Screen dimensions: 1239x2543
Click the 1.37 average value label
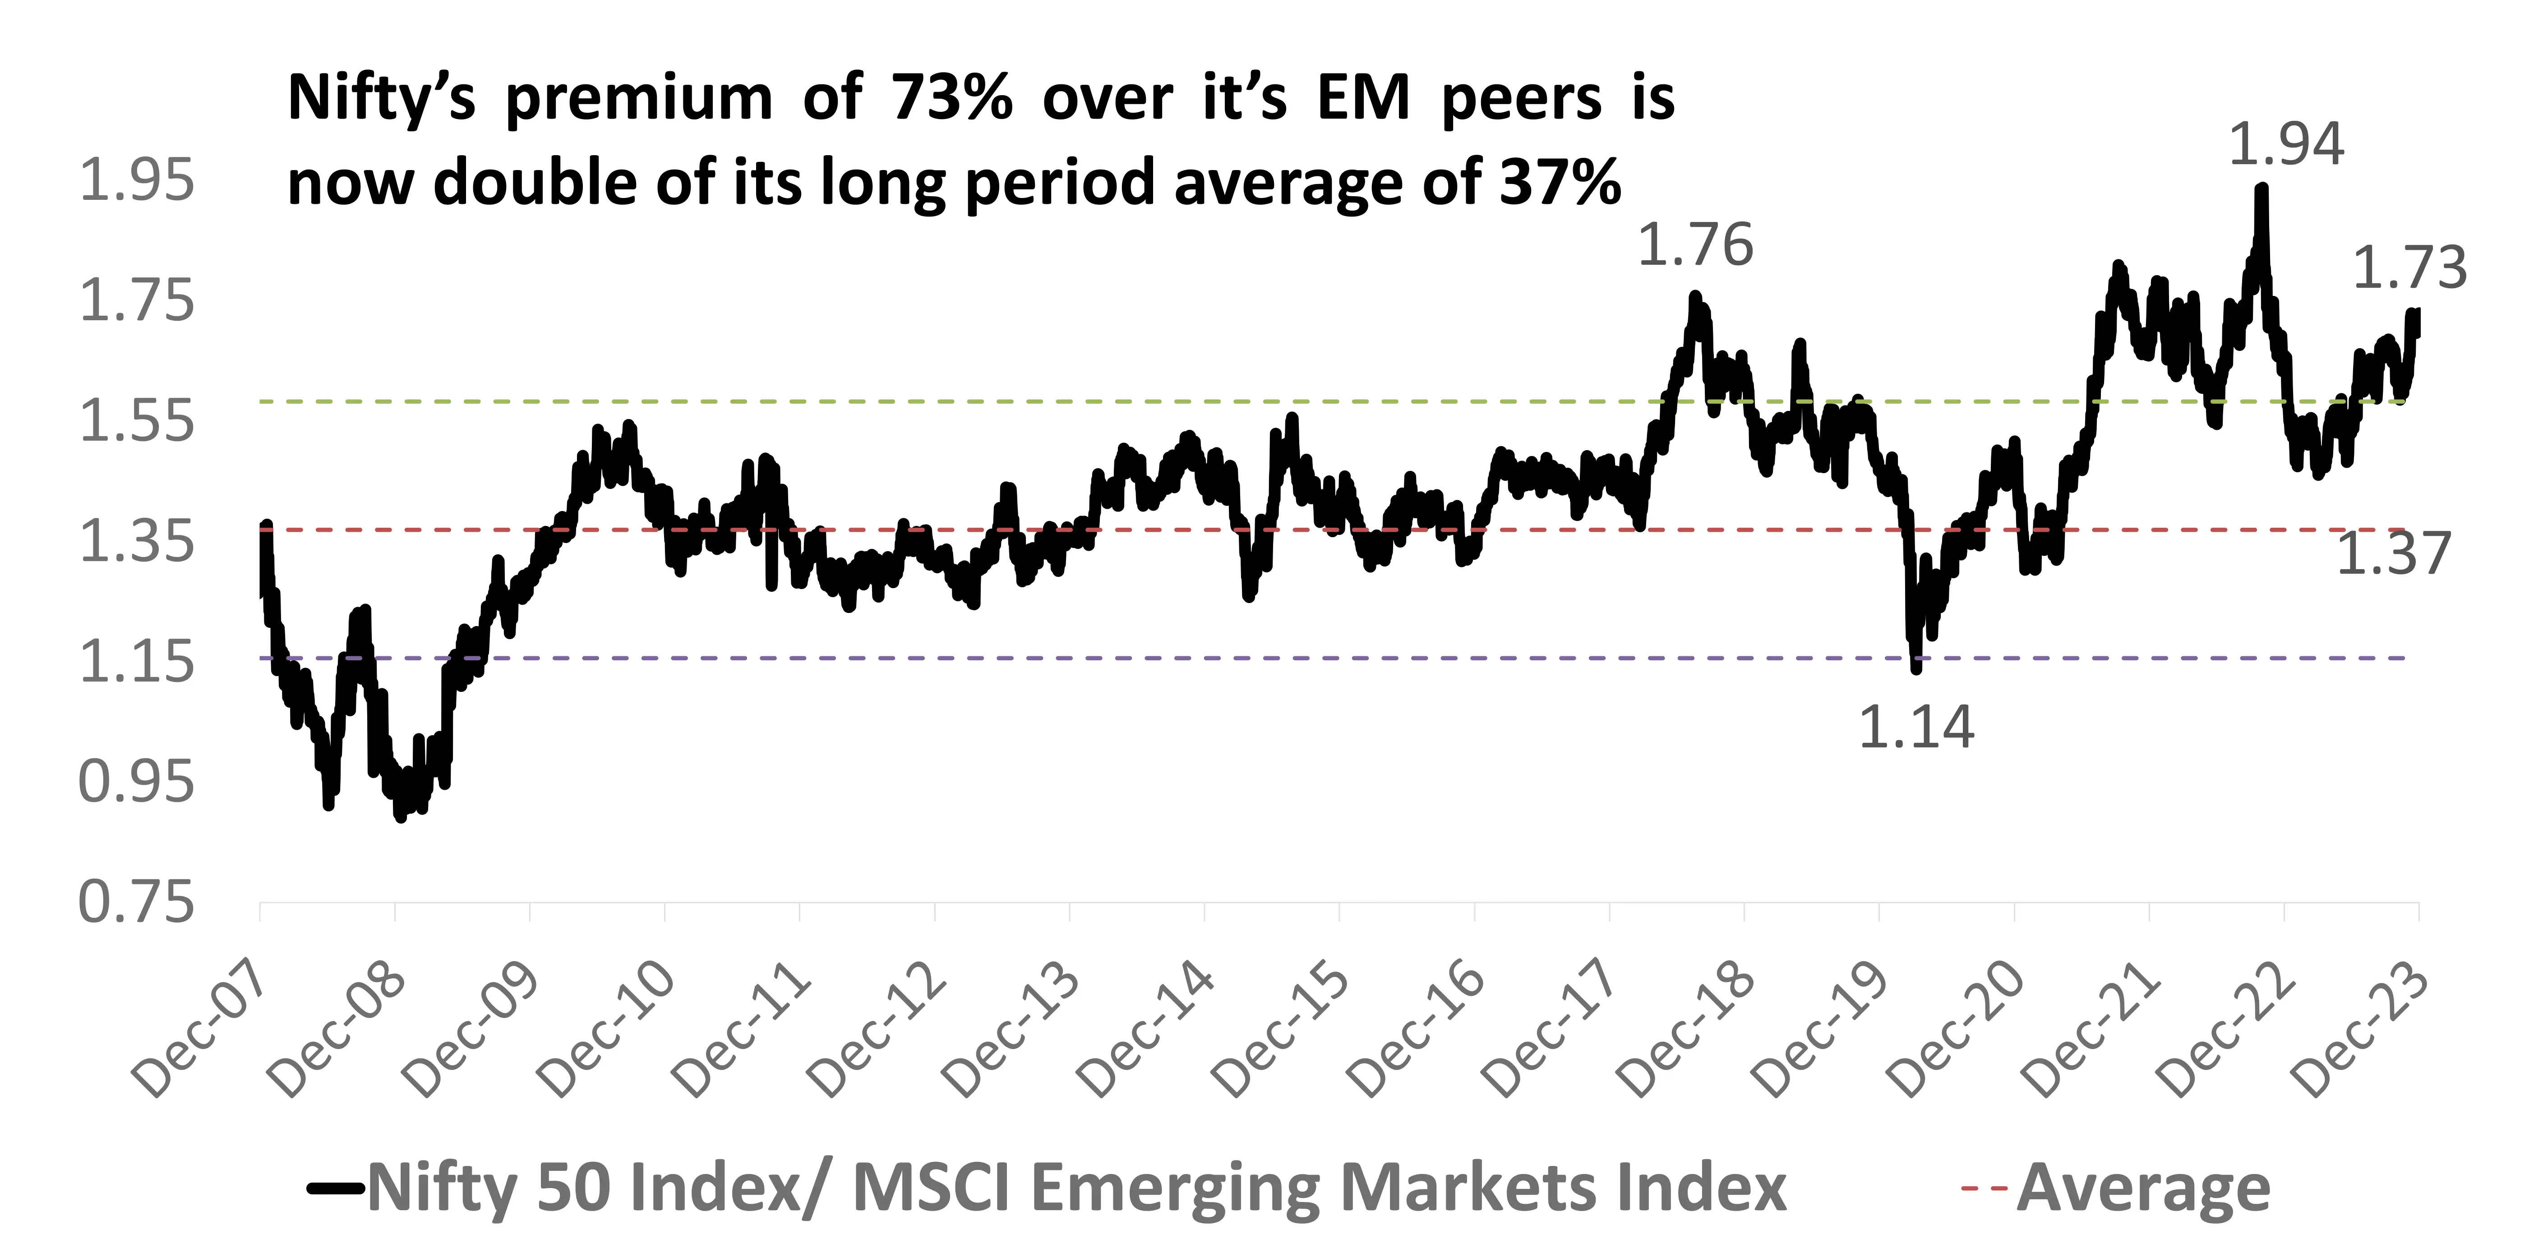pyautogui.click(x=2393, y=553)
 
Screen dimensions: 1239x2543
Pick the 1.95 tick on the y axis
pyautogui.click(x=136, y=181)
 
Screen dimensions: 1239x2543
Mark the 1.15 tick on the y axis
pyautogui.click(x=136, y=662)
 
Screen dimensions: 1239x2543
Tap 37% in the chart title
pyautogui.click(x=1560, y=184)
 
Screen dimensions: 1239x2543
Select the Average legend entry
pyautogui.click(x=2142, y=1188)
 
